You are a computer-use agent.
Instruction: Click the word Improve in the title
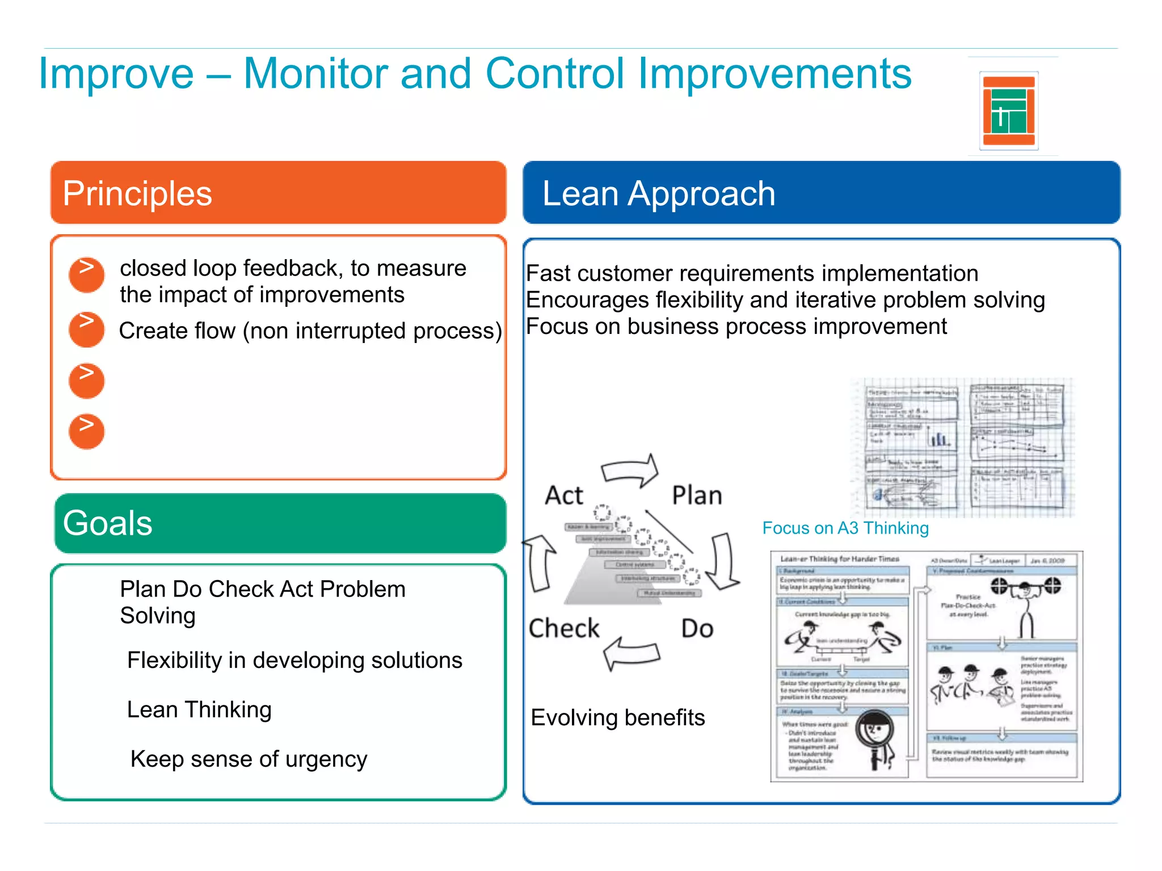tap(116, 74)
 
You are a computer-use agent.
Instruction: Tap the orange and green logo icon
tap(1009, 111)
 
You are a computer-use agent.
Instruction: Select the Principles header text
tap(137, 193)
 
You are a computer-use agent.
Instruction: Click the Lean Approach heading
tap(658, 193)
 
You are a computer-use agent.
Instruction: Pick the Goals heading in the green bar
tap(108, 523)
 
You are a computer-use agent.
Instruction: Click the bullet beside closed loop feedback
tap(86, 275)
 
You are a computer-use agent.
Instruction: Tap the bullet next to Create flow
tap(86, 329)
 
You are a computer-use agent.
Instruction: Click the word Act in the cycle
tap(563, 495)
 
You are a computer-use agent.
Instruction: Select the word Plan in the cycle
tap(697, 495)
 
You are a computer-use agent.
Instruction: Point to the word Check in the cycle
tap(563, 628)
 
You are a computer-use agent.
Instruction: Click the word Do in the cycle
tap(697, 628)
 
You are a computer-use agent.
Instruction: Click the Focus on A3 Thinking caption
tap(845, 528)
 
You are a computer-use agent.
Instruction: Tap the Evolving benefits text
tap(617, 718)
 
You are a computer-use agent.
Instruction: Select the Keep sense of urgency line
tap(249, 759)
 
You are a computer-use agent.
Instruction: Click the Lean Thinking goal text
tap(199, 709)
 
